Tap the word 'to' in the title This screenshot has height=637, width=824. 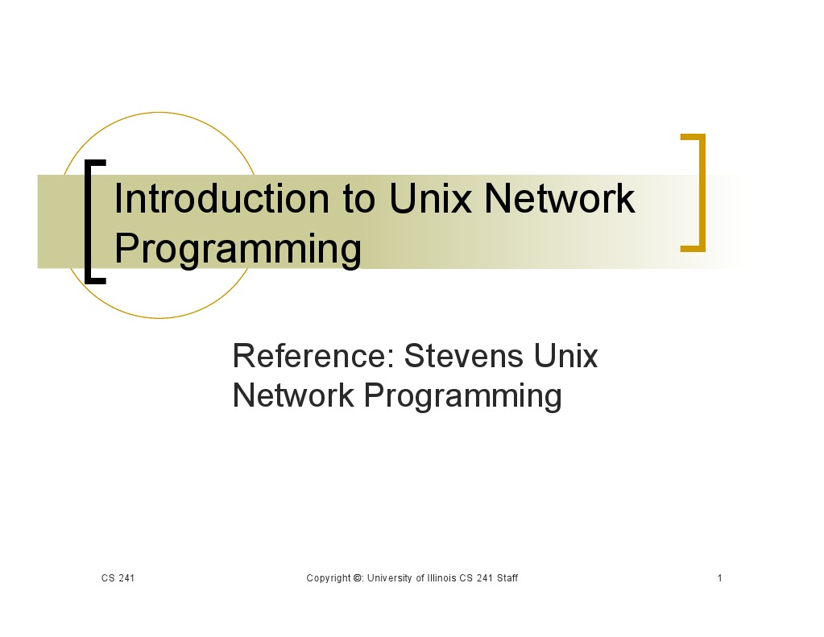coord(358,200)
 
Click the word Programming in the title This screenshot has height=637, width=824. coord(238,249)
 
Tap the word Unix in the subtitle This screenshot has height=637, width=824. coord(569,355)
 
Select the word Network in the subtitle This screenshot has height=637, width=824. coord(293,395)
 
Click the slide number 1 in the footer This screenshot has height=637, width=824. coord(719,578)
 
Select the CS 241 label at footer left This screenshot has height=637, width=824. coord(118,578)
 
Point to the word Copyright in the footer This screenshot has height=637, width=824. coord(329,578)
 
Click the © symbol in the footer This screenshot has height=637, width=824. coord(358,578)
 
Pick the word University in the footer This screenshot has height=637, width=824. coord(390,578)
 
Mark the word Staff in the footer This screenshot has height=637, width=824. coord(507,578)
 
